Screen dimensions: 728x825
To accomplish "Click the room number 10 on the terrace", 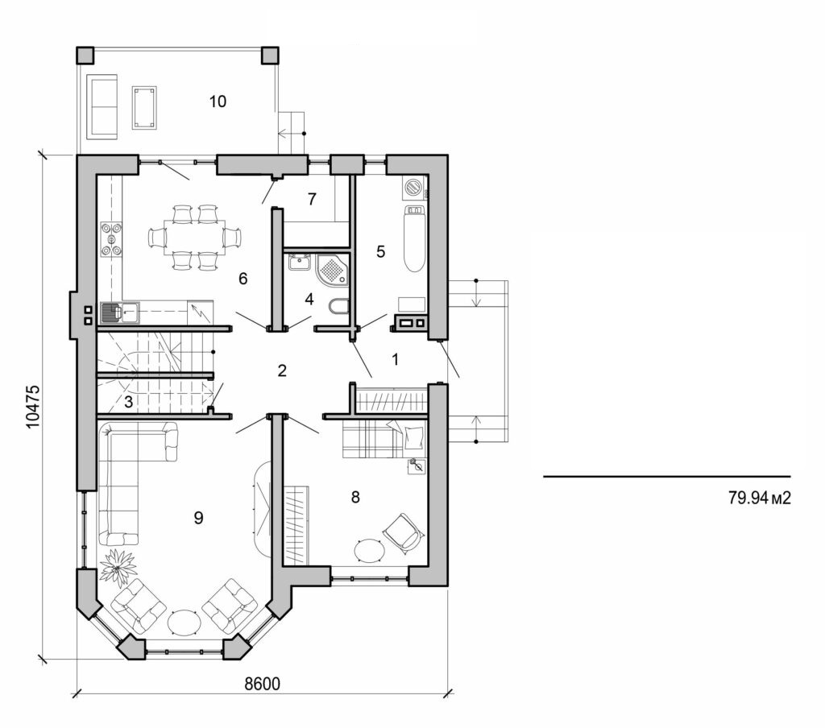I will point(218,101).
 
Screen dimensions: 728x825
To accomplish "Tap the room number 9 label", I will point(197,518).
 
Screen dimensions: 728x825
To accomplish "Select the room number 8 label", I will point(354,497).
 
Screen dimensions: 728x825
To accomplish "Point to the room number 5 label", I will point(380,251).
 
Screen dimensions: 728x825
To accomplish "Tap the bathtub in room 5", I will point(413,238).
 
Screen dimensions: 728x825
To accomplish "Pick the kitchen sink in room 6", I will point(119,310).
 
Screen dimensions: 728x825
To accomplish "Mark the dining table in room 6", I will point(195,237).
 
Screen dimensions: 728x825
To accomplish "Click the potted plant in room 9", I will point(118,566).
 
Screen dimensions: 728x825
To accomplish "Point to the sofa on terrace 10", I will point(102,105).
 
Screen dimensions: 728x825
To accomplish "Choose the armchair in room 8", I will point(401,532).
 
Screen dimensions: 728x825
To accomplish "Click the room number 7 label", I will point(312,198).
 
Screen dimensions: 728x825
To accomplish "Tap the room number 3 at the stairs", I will point(128,400).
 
